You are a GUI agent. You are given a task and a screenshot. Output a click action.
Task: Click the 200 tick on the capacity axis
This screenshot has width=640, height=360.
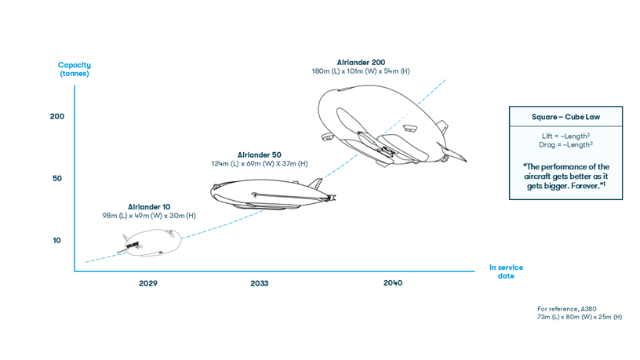[x=57, y=116]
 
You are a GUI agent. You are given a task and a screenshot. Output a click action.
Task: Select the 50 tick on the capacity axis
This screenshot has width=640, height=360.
[x=57, y=178]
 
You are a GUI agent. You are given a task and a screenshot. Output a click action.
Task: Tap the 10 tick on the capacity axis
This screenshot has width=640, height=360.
[x=57, y=240]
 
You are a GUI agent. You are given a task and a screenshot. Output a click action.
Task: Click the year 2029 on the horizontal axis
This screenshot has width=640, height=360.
[x=147, y=283]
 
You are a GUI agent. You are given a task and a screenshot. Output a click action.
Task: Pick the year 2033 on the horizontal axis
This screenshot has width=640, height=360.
[x=259, y=283]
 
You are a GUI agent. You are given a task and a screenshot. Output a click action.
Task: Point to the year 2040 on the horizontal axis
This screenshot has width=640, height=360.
[x=393, y=283]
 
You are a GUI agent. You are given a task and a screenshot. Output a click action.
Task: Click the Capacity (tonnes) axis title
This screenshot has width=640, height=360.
[x=75, y=69]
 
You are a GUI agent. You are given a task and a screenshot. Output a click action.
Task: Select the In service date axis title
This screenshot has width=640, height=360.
[x=506, y=271]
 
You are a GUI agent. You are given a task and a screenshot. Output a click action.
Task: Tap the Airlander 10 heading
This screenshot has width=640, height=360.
[x=149, y=207]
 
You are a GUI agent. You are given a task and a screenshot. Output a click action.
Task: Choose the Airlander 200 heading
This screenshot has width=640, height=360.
[x=361, y=63]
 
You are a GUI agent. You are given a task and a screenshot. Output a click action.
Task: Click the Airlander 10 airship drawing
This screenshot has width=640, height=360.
[x=149, y=242]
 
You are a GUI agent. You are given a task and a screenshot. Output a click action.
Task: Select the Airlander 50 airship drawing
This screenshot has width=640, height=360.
[x=267, y=192]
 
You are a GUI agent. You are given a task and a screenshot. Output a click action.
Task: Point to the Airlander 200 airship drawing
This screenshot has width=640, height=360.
[x=384, y=125]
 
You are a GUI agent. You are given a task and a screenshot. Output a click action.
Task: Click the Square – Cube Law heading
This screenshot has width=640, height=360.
[x=565, y=117]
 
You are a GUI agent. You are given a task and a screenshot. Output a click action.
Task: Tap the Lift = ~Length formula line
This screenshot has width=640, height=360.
[x=565, y=136]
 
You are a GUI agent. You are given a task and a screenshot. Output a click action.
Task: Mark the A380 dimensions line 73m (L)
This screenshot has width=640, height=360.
[x=580, y=317]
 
